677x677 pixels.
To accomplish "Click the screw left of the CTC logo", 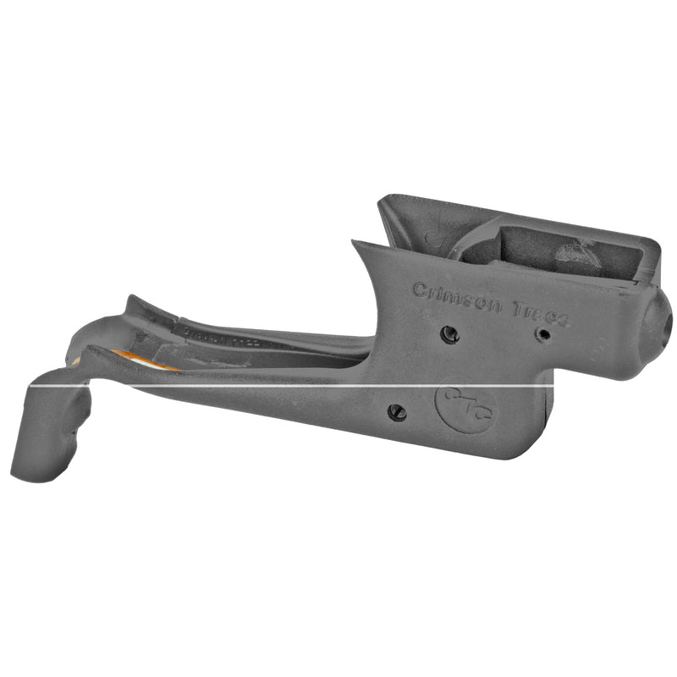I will pyautogui.click(x=396, y=412).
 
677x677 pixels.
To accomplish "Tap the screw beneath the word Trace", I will pyautogui.click(x=543, y=334).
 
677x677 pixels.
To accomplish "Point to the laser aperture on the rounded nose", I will pyautogui.click(x=665, y=322).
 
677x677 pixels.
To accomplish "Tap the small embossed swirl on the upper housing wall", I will pyautogui.click(x=433, y=238).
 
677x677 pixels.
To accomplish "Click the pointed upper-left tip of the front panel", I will pyautogui.click(x=355, y=243).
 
